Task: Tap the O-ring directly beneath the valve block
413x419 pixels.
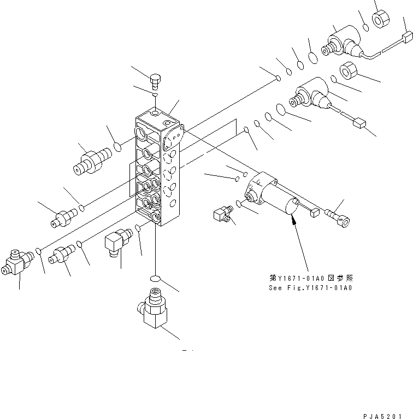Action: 156,278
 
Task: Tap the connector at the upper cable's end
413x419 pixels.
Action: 406,37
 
